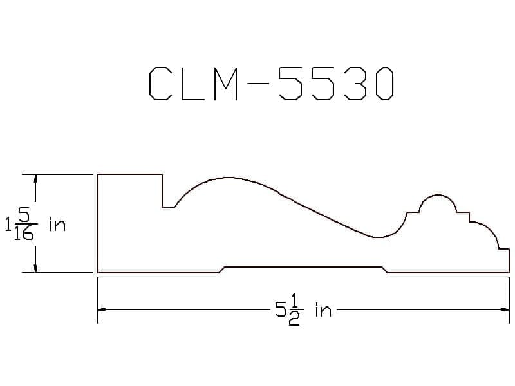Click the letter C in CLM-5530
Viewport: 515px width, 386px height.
(x=160, y=84)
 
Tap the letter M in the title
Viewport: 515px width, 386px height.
(x=226, y=84)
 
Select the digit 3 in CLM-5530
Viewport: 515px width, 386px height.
(x=356, y=84)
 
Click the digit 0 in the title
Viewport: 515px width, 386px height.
(x=385, y=84)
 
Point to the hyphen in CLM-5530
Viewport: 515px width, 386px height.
(x=258, y=84)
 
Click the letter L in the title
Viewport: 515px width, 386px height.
(x=191, y=84)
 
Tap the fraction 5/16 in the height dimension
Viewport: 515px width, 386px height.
(x=24, y=225)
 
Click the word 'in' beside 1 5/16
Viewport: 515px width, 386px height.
(x=57, y=225)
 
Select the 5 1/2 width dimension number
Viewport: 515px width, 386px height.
(x=289, y=309)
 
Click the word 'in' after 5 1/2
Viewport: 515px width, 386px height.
(x=323, y=309)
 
